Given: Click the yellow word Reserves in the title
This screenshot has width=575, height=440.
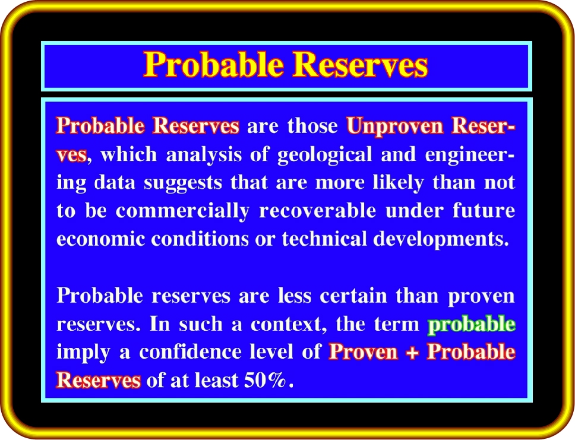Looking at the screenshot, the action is (x=361, y=65).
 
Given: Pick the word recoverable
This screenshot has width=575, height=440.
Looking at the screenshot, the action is (x=318, y=210).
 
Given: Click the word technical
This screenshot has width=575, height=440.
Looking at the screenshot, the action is (x=324, y=239).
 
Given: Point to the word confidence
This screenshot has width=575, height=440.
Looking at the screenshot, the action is (x=190, y=352).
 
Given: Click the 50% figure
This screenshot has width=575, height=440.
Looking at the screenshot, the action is (x=264, y=380).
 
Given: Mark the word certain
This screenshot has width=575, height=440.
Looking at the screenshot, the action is (x=353, y=296).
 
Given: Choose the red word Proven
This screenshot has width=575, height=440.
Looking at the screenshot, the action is (x=364, y=352).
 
